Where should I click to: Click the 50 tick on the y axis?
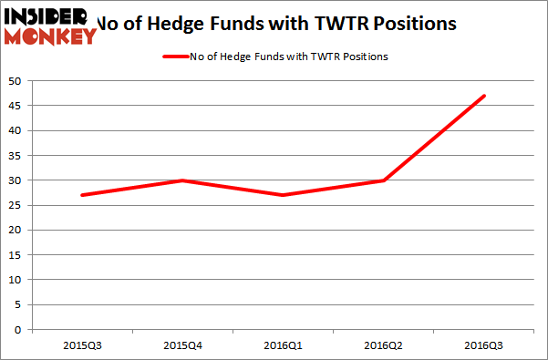click(x=16, y=81)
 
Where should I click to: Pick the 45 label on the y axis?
click(x=16, y=106)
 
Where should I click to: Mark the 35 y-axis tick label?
click(x=16, y=156)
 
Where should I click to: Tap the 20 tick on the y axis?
click(x=16, y=231)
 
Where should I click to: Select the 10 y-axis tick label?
click(x=16, y=280)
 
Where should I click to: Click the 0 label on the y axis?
click(x=19, y=330)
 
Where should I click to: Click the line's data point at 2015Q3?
click(x=82, y=195)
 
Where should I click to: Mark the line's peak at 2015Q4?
click(x=182, y=180)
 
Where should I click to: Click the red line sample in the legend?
click(x=175, y=57)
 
